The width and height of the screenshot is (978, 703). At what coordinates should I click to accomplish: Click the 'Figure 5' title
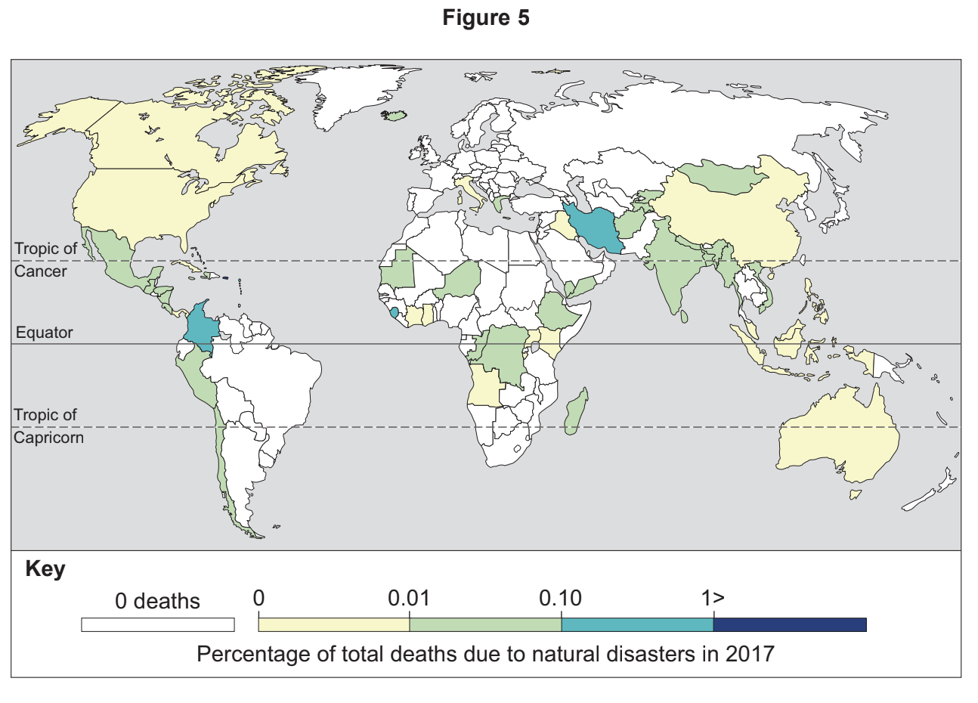click(x=486, y=17)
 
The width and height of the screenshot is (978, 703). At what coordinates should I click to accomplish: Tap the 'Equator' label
click(x=45, y=333)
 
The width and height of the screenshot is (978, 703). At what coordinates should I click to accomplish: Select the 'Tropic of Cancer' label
click(x=45, y=259)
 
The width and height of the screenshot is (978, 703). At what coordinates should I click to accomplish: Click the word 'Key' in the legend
click(x=45, y=569)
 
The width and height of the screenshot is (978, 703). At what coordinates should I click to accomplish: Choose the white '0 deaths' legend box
click(x=158, y=625)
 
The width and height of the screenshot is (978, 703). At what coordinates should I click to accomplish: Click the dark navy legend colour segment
click(x=790, y=624)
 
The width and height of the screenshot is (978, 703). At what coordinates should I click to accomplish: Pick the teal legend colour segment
click(x=637, y=624)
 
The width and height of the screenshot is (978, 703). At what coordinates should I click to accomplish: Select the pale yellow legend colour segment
click(x=333, y=624)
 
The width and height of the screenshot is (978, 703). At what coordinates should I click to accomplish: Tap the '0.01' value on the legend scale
click(x=409, y=599)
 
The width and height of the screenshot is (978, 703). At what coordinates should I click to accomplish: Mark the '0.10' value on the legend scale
click(x=560, y=599)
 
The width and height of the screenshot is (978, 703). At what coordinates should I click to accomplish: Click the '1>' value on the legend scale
click(x=713, y=599)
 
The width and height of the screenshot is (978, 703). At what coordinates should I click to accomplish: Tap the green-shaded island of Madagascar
click(x=577, y=412)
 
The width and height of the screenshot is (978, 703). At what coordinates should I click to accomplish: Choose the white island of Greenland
click(x=355, y=94)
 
